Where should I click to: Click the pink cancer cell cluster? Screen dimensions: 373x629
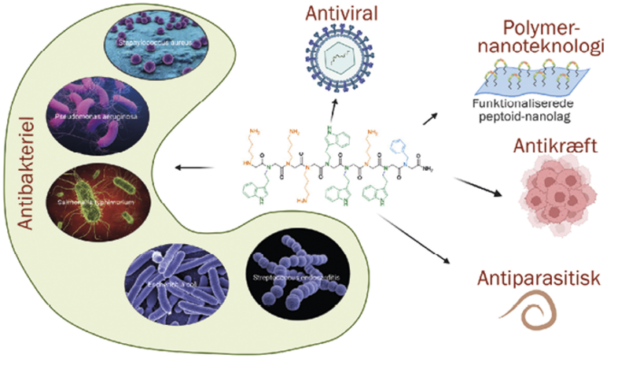[x=555, y=194]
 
